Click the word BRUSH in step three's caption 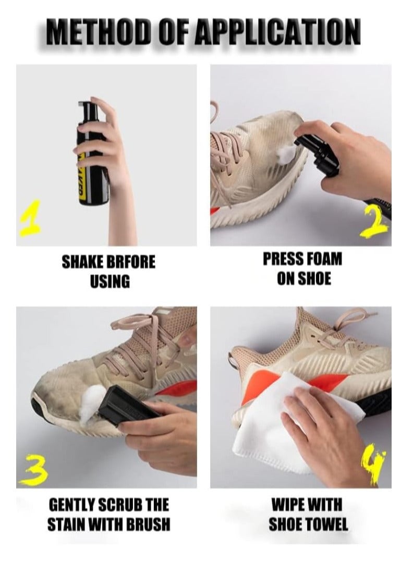tap(148, 524)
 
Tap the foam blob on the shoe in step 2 tap(286, 152)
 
